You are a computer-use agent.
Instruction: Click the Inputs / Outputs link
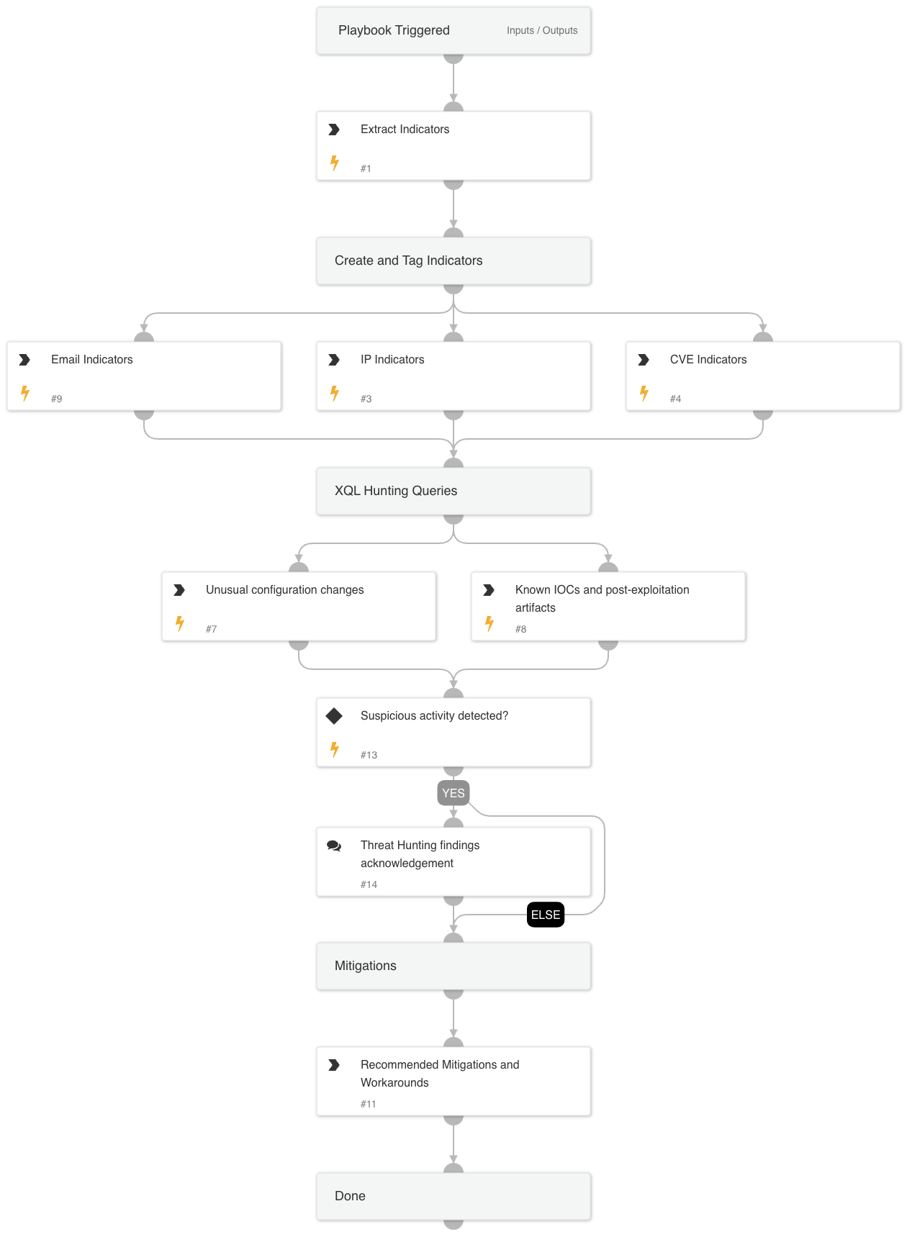pos(541,30)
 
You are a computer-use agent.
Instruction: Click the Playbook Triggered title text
pos(394,30)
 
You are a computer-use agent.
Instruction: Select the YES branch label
pos(453,793)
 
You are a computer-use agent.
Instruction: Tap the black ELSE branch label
pos(546,915)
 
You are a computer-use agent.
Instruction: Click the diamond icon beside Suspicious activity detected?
pos(334,716)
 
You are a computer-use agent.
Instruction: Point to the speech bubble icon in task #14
pos(334,846)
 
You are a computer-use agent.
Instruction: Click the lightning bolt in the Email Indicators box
pos(25,393)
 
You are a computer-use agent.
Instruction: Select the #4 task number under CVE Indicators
pos(675,399)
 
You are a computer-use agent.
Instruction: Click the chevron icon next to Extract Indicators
pos(334,130)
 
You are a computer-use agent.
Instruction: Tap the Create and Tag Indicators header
pos(408,260)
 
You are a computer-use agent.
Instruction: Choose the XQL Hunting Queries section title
pos(395,491)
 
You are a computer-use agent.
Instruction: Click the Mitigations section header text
pos(365,966)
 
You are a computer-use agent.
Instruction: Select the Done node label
pos(350,1196)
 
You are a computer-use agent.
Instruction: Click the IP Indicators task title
pos(392,359)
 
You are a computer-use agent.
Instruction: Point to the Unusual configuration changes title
pos(284,589)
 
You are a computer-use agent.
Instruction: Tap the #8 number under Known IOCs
pos(520,629)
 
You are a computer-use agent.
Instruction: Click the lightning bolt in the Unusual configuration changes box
pos(180,623)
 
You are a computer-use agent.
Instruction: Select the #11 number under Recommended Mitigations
pos(368,1104)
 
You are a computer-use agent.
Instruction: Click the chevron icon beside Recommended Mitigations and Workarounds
pos(334,1065)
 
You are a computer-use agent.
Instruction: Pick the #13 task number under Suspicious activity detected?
pos(369,755)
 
